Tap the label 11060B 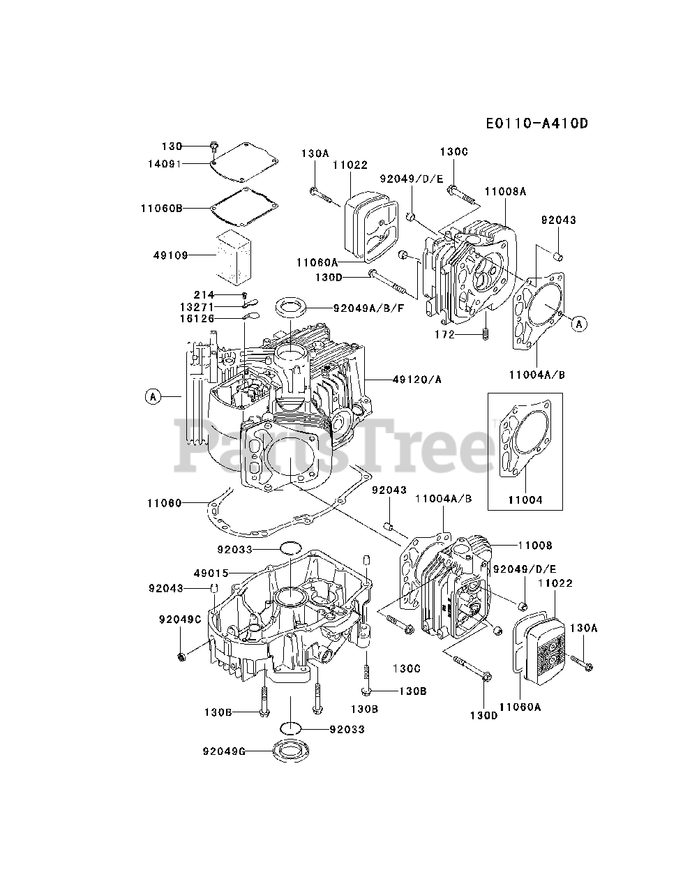tap(161, 207)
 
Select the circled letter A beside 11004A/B tap(580, 323)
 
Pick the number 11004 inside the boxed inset tap(525, 500)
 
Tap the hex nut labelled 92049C tap(182, 656)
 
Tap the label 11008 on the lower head tap(534, 546)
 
